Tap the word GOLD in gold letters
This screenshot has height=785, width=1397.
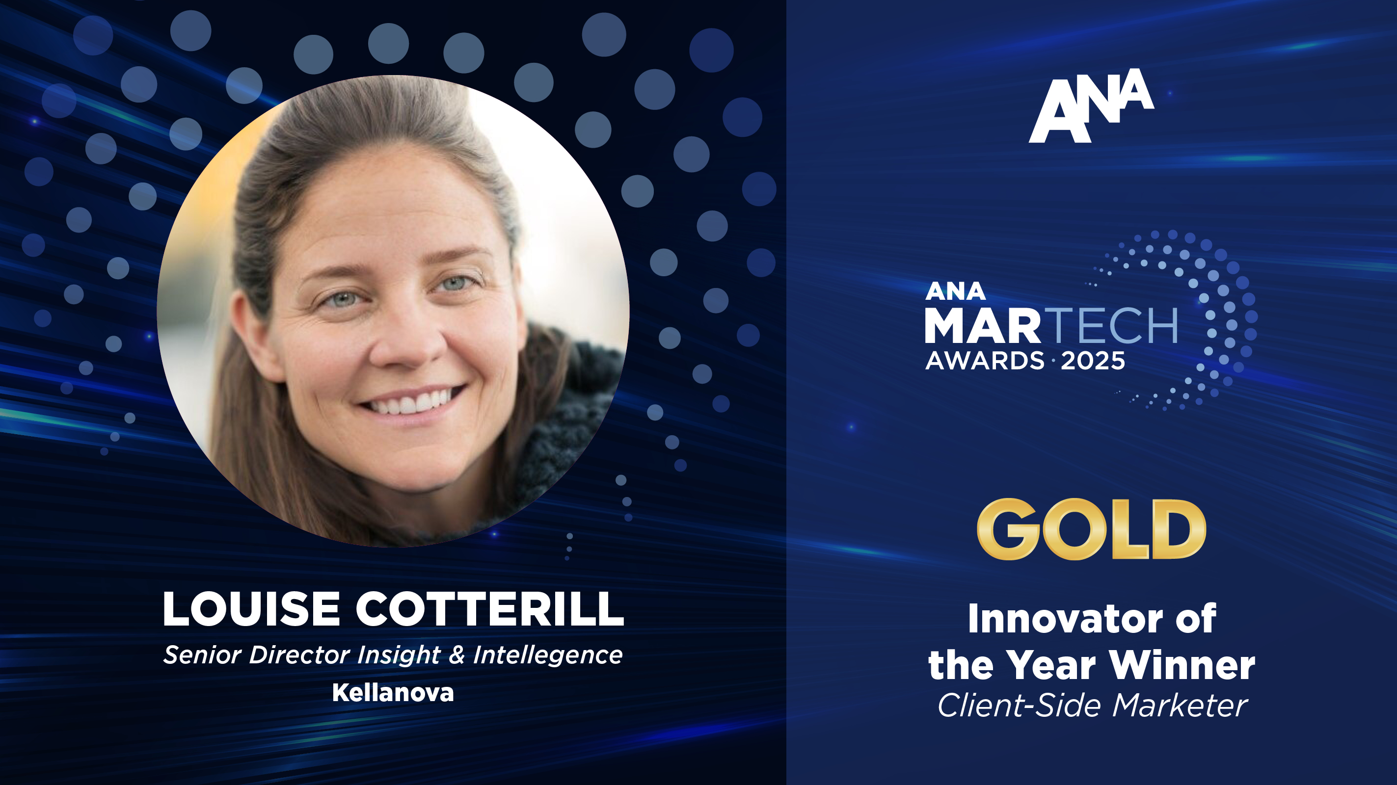1091,529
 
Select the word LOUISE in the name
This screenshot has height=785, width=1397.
251,609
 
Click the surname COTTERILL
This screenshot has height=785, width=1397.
490,609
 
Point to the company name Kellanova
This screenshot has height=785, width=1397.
393,693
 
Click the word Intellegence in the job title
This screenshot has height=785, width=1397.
548,655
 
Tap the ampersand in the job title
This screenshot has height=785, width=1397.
457,655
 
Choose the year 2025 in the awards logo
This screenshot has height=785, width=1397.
1093,361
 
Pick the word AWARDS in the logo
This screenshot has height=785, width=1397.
985,361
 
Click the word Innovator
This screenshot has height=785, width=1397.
1066,619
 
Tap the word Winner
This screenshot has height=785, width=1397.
1182,665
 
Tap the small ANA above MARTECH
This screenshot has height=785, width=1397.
955,291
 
